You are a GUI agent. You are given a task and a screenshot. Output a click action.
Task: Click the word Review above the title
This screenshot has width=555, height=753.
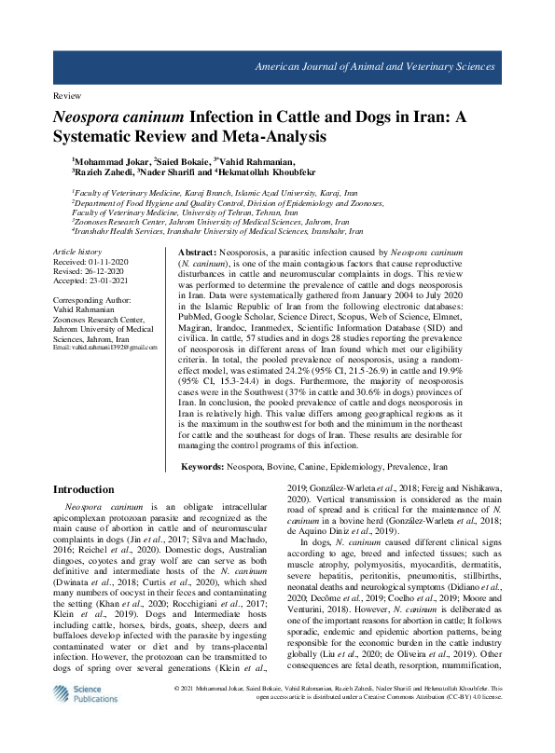pyautogui.click(x=67, y=96)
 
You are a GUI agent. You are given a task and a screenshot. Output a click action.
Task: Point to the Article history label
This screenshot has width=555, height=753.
pyautogui.click(x=77, y=253)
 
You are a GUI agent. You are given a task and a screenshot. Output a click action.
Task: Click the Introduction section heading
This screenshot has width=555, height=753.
pyautogui.click(x=84, y=489)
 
